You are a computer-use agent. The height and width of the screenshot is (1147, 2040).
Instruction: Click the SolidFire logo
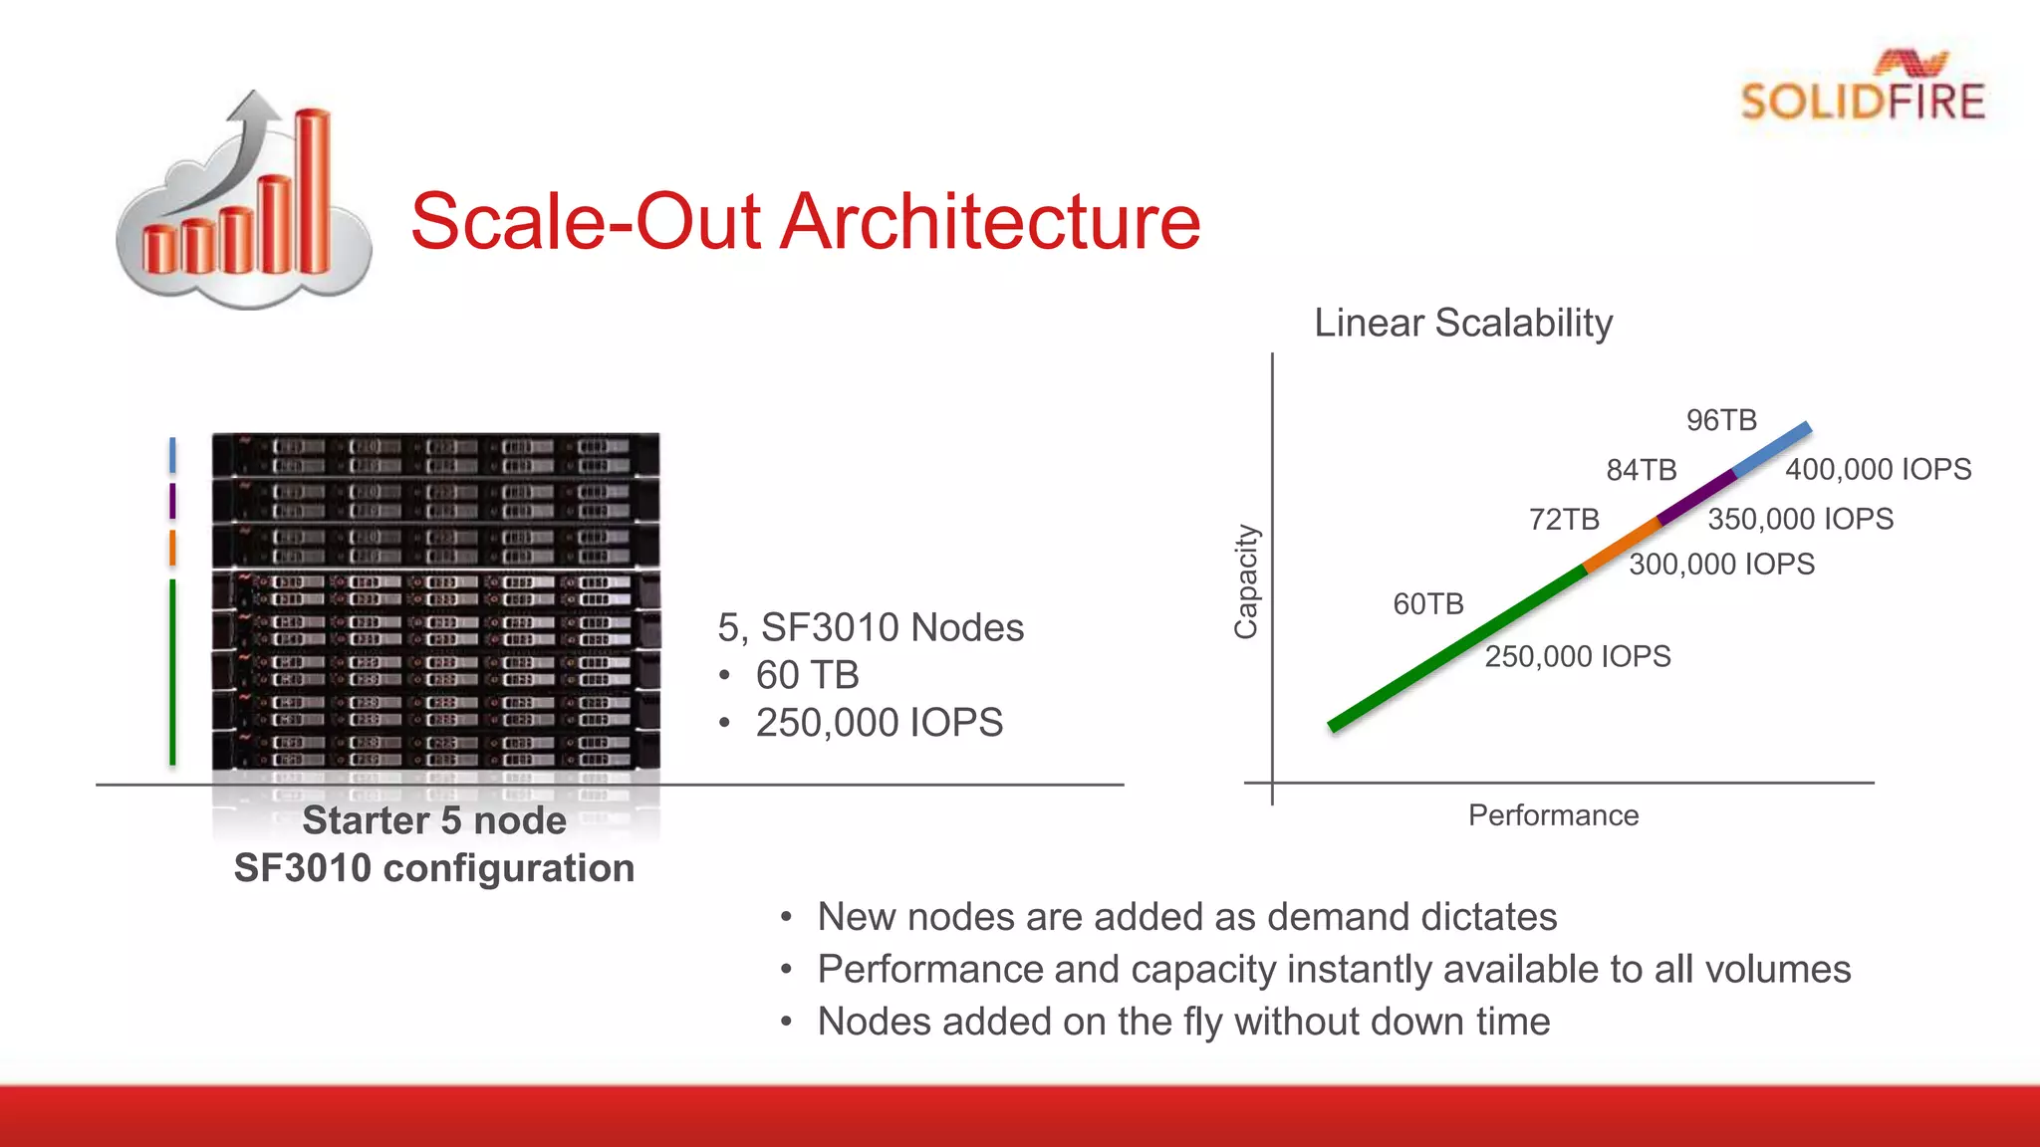(1862, 88)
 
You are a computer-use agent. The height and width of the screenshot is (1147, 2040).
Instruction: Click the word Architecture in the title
(990, 221)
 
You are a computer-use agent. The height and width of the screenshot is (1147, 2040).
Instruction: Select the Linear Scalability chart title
(1462, 323)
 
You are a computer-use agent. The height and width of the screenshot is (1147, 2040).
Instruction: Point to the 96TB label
(1720, 420)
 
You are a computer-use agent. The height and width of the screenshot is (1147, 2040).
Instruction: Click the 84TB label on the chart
(1641, 470)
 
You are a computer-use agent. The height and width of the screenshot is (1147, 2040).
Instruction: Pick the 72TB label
(1563, 520)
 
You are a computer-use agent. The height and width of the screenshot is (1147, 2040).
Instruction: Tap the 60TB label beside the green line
(1427, 604)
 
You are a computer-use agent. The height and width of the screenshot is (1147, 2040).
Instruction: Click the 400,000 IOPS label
(1878, 469)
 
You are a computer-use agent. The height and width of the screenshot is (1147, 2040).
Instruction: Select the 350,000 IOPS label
(1800, 519)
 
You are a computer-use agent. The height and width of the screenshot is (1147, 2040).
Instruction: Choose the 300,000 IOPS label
(1721, 565)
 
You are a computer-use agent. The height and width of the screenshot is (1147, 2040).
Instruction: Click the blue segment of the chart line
(1772, 449)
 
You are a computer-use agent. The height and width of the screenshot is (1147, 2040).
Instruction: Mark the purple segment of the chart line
(1697, 496)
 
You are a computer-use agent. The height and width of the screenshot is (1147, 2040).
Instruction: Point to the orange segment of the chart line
(1622, 545)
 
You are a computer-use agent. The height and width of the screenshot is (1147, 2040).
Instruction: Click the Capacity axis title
(1246, 581)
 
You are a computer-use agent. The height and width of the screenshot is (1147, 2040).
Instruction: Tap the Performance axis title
(1552, 815)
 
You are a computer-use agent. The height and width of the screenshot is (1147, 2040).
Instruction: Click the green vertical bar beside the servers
(172, 672)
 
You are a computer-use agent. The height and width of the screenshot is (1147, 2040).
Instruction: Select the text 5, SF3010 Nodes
(870, 627)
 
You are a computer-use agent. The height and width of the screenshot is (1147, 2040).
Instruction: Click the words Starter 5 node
(434, 820)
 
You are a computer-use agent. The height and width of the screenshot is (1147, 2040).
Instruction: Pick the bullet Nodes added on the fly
(1182, 1022)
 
